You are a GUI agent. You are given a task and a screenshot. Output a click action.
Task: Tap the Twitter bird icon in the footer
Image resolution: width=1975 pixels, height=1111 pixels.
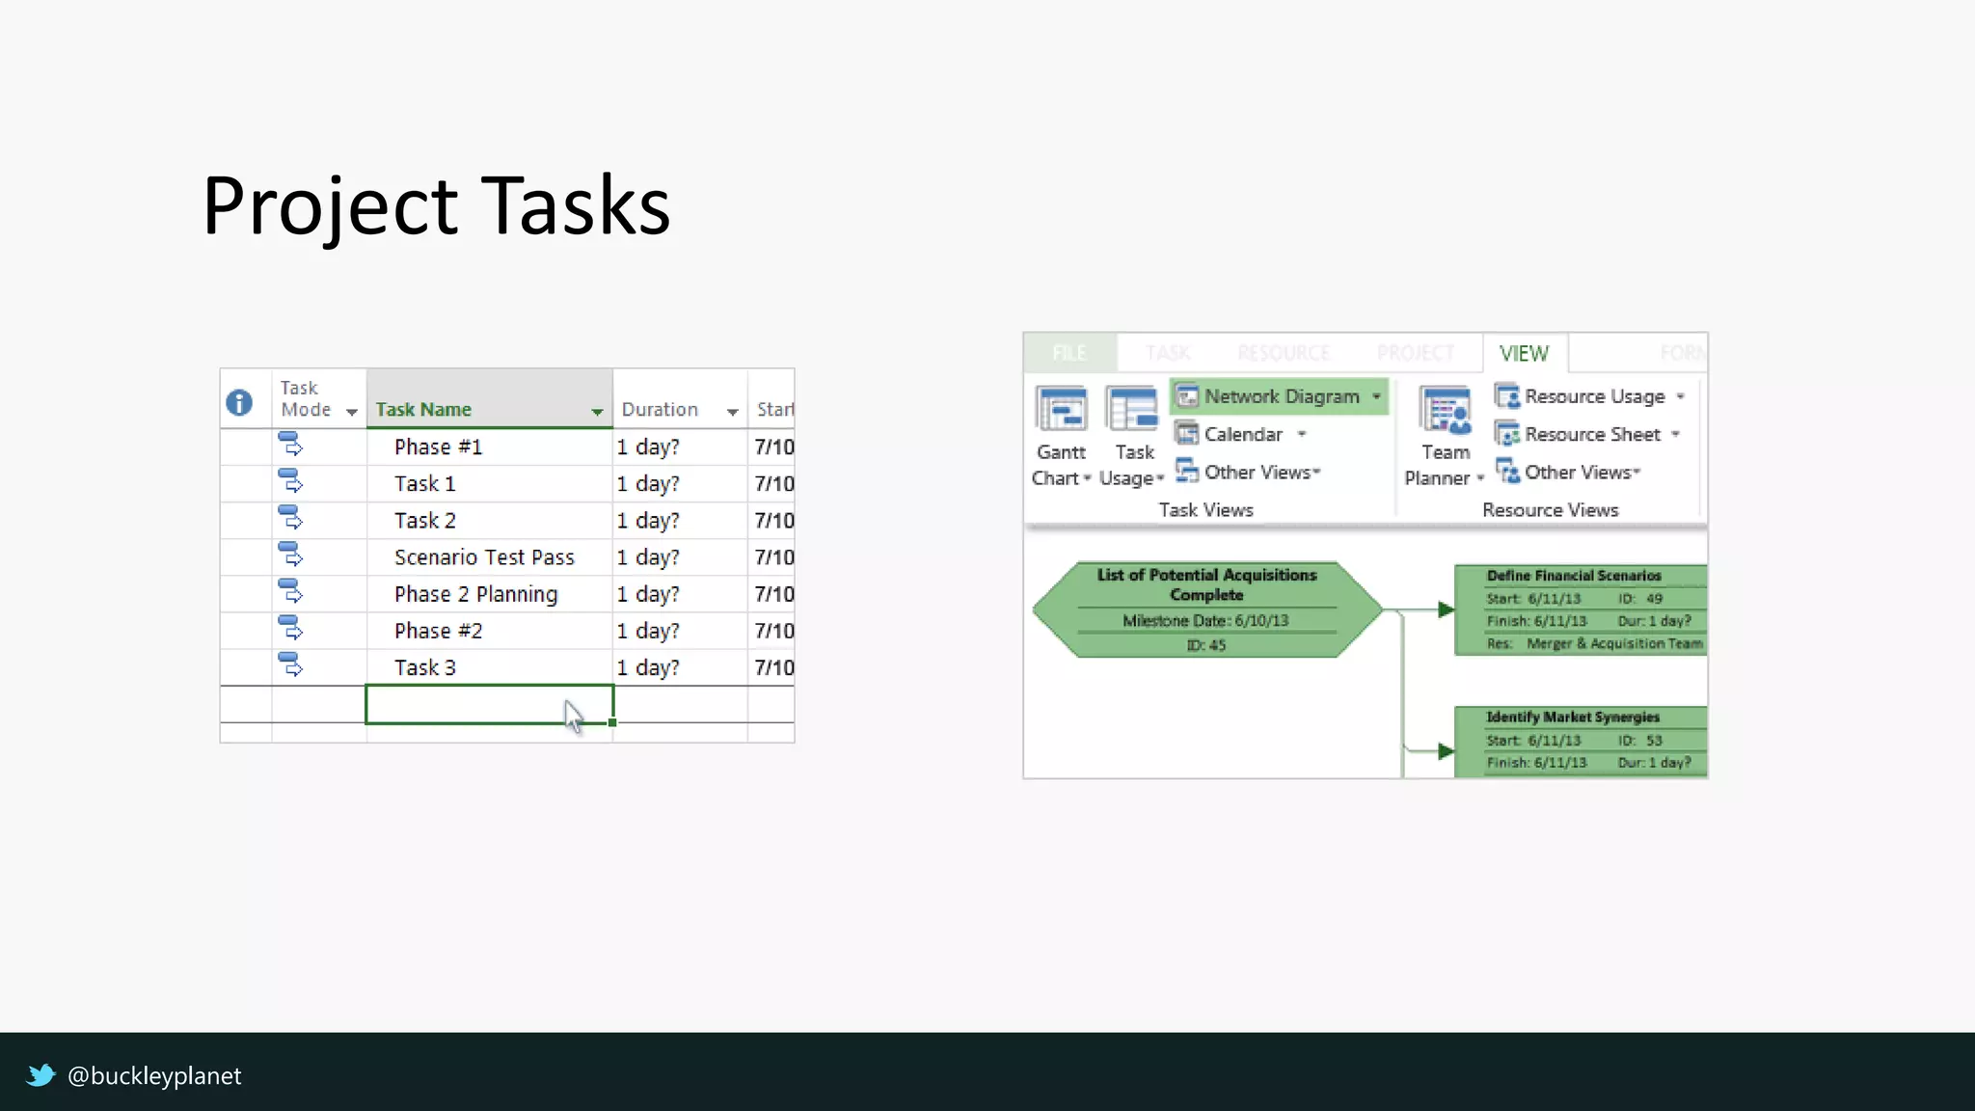(x=41, y=1074)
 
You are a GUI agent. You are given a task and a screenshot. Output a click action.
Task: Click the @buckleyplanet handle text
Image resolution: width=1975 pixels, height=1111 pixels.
(x=154, y=1075)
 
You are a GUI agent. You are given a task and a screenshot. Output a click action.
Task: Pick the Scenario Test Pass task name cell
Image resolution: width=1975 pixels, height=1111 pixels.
(x=484, y=557)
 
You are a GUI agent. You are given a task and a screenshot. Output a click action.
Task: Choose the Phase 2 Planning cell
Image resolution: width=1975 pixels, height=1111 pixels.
(x=475, y=594)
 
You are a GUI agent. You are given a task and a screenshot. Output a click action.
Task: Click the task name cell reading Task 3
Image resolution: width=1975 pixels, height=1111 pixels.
(x=425, y=667)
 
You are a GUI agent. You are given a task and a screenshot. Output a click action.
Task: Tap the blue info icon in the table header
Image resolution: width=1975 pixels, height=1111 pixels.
(x=239, y=402)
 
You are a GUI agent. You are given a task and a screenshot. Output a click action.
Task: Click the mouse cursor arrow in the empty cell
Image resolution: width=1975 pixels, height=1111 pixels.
(x=574, y=716)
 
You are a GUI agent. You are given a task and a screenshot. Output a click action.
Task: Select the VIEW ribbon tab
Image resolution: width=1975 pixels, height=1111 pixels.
(x=1524, y=354)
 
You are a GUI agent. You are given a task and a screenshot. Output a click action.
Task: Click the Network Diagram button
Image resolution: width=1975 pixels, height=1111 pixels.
(x=1280, y=396)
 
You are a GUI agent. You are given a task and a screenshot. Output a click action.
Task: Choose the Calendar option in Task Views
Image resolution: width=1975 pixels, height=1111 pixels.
(x=1242, y=435)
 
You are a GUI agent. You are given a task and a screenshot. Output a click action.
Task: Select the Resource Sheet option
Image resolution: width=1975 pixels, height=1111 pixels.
(x=1591, y=435)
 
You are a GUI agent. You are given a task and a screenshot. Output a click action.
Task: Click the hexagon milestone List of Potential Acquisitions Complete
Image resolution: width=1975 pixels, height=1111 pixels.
(x=1206, y=610)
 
